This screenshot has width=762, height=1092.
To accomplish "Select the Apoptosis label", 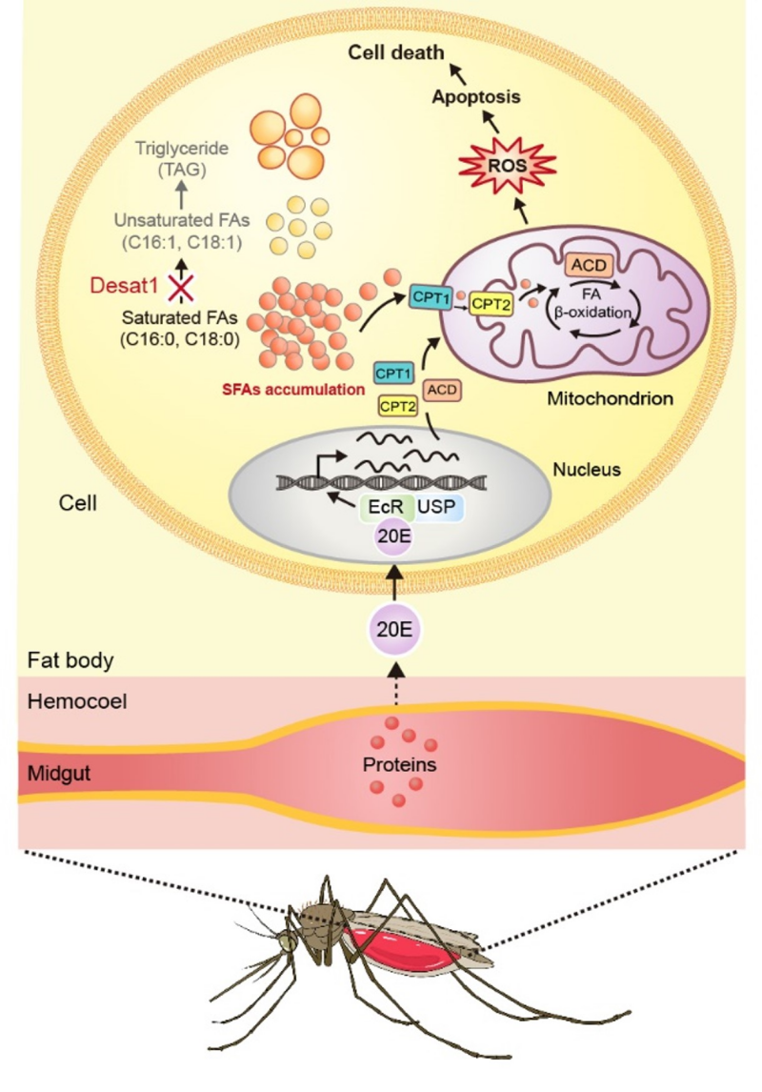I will click(x=474, y=97).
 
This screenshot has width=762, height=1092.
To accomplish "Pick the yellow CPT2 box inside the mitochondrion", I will click(x=491, y=304).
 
